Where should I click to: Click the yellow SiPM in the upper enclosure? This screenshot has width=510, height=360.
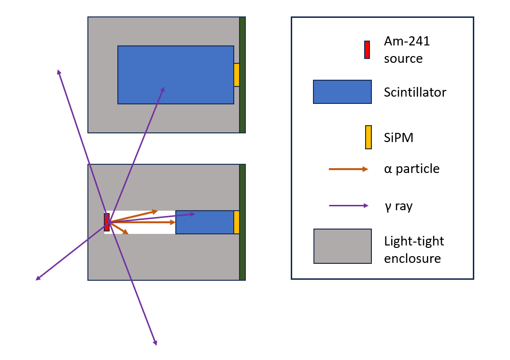pos(237,75)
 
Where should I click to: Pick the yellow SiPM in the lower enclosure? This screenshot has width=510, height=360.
pos(237,222)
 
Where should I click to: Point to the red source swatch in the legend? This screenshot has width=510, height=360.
pos(367,50)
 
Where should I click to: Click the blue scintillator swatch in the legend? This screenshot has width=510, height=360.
pos(342,92)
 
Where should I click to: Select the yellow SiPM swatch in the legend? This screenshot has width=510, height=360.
pos(368,137)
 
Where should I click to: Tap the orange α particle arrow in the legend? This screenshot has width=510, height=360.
pos(348,169)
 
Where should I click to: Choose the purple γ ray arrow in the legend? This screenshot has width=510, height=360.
pos(348,206)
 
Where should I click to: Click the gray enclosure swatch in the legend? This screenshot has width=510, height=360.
pos(342,246)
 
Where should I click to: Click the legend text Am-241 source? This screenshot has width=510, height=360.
pos(407,50)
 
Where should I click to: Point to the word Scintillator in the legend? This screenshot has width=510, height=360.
pos(415,92)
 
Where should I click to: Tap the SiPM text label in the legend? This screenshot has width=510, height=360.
pos(398,138)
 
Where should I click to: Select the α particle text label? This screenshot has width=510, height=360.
pos(411,169)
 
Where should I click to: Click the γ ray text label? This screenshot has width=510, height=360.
pos(398,206)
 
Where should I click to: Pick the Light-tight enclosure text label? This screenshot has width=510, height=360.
pos(414,249)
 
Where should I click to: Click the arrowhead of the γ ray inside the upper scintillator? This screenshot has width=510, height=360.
pos(163,89)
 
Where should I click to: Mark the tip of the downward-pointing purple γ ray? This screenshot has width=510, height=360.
pos(156,344)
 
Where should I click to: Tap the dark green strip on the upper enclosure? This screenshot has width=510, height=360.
pos(242,75)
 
